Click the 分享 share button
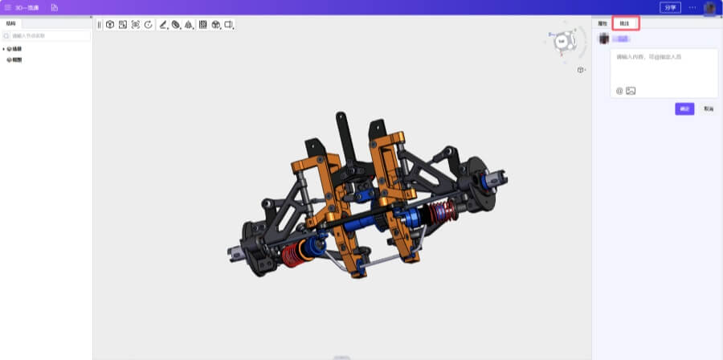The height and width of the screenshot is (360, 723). coord(669,7)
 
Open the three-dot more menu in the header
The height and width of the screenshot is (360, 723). coord(692,7)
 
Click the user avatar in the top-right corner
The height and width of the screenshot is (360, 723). coord(710,8)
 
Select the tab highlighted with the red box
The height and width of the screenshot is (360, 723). coord(625,24)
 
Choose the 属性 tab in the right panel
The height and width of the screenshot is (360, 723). coord(602,24)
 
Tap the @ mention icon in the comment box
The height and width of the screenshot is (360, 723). coord(619,91)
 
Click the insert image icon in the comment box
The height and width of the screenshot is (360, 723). coord(631,91)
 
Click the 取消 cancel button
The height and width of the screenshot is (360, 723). coord(708,108)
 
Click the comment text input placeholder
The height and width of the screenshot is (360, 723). coord(643,58)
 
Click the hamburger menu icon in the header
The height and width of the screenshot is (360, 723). coord(8,7)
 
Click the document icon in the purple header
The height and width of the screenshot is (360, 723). coord(55,7)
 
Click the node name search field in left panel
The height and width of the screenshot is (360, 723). coord(48,36)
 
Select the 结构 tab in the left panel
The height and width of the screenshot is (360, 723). coord(10,23)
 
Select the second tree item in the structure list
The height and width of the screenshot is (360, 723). coord(16,59)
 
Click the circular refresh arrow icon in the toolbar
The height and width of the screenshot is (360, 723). coord(149,25)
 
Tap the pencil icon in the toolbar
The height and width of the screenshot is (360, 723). coord(163,25)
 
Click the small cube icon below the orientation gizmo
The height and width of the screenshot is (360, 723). coord(580,70)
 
